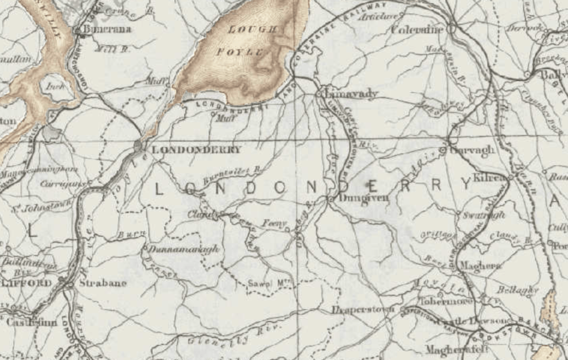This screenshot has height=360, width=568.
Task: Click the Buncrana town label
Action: click(108, 29)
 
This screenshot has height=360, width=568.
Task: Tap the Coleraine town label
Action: click(418, 29)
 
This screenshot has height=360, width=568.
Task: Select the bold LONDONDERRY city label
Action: click(196, 149)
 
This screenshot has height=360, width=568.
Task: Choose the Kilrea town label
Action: click(490, 178)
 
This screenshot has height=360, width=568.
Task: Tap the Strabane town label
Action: click(103, 283)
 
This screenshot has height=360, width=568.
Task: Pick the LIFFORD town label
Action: click(26, 283)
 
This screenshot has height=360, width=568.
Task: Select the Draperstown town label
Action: click(363, 309)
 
